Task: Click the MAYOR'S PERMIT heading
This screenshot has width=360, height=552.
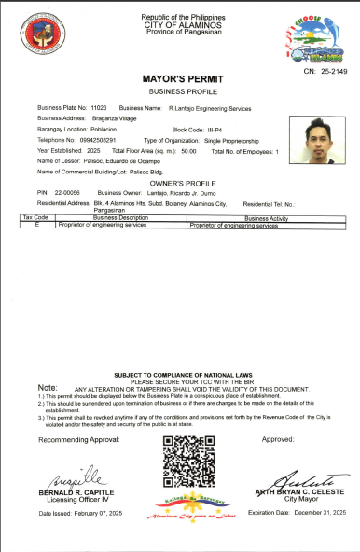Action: [179, 81]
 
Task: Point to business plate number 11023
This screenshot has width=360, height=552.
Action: [98, 109]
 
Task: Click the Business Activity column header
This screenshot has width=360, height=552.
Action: [269, 217]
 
